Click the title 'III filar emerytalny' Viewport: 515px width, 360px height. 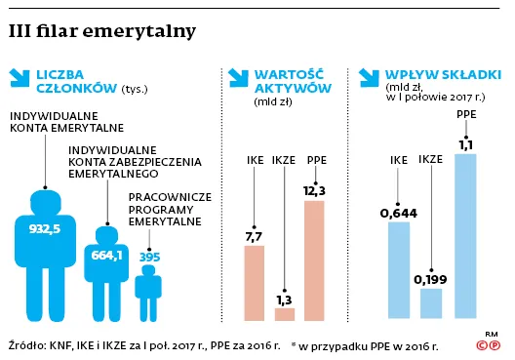[x=101, y=32]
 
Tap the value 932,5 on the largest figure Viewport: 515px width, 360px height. [x=43, y=228]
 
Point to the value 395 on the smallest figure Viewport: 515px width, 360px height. [x=149, y=256]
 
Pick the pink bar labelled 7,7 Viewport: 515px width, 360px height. [x=254, y=283]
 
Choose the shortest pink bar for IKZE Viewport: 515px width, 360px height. [x=285, y=314]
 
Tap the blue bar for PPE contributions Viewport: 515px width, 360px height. [x=466, y=236]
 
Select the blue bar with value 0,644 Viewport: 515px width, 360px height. [x=398, y=270]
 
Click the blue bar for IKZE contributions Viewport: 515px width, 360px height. [x=430, y=303]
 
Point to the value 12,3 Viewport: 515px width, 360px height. [x=315, y=190]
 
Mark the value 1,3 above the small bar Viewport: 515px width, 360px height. [x=285, y=299]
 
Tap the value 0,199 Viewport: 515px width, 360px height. [x=430, y=280]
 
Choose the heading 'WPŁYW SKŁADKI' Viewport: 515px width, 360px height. [x=443, y=73]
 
